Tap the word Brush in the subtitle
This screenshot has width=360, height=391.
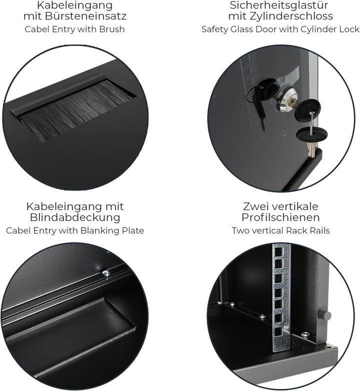coord(113,29)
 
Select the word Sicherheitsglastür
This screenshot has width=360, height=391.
coord(280,5)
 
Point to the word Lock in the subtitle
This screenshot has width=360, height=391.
coord(349,29)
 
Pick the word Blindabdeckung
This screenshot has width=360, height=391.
coord(75,217)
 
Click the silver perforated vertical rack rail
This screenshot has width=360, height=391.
coord(280,300)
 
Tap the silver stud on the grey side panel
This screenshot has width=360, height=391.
coord(324,316)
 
